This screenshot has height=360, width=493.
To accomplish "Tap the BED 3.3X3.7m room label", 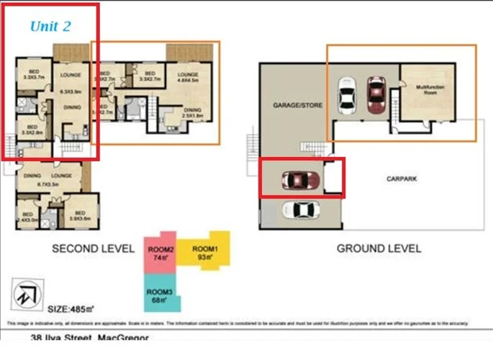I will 35,74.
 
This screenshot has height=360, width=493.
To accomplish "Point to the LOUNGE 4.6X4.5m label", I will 188,78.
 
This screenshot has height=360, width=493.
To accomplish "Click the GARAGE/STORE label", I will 297,105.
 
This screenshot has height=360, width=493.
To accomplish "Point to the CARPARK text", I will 401,178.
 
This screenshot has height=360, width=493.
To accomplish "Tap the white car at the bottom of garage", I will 302,210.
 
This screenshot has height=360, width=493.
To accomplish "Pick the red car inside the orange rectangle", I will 376,94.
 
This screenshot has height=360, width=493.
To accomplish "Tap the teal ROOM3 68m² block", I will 160,295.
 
